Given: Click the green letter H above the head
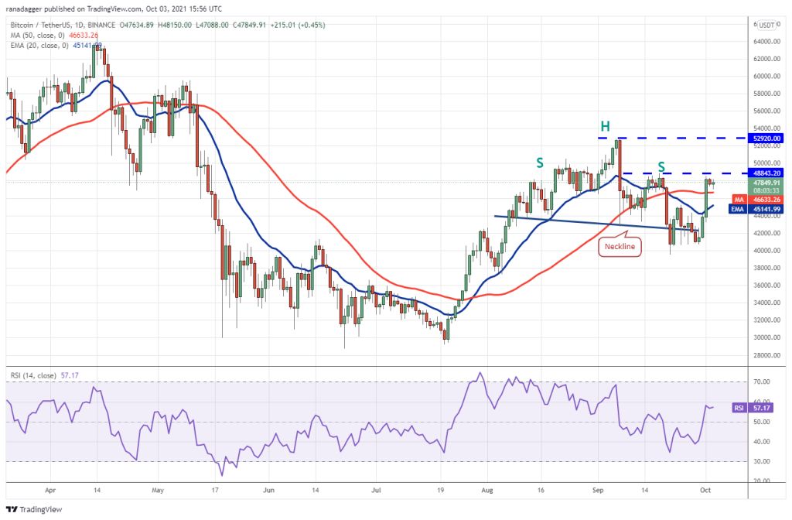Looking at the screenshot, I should (x=607, y=126).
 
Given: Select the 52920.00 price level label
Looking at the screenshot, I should (x=767, y=138).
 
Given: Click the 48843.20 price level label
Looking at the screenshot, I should (x=767, y=173).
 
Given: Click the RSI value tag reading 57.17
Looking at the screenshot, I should (x=762, y=406).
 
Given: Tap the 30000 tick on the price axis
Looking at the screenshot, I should (x=766, y=337).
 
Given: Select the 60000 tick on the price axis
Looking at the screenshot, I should (x=766, y=77).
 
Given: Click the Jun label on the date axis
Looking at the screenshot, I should (x=269, y=490).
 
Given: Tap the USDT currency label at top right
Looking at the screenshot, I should (x=767, y=25).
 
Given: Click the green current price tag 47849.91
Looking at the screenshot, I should (x=767, y=183).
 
